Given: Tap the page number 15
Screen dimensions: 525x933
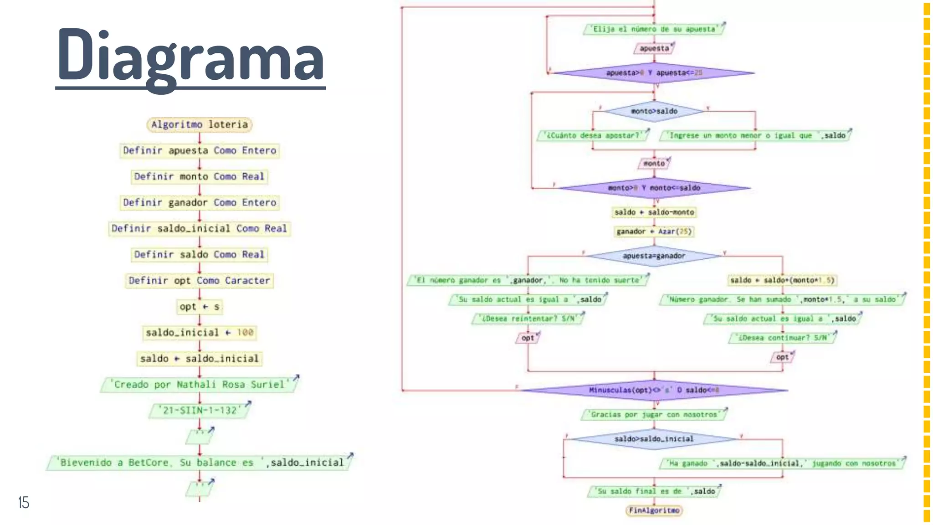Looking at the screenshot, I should (x=24, y=503).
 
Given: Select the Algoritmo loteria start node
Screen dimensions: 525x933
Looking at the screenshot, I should (x=200, y=124).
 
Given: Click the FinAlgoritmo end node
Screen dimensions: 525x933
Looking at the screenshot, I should (x=654, y=510).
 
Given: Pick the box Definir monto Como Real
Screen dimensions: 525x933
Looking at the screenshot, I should (x=199, y=176).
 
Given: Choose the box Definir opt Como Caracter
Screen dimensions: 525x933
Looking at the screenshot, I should (x=199, y=281).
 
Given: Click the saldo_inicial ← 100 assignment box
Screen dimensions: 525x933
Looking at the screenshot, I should (x=199, y=333).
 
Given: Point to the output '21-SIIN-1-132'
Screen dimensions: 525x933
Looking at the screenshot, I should (x=200, y=411).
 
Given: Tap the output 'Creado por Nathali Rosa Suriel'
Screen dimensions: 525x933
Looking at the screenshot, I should (x=199, y=385).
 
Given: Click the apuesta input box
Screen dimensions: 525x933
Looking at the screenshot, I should (x=654, y=48).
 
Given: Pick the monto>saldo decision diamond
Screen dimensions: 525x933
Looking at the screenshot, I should (x=654, y=111).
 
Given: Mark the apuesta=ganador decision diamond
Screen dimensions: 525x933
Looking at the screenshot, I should (x=654, y=256).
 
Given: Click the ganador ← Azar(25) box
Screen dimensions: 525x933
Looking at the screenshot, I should (x=654, y=232).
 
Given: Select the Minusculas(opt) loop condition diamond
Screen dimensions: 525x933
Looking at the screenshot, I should (x=654, y=390).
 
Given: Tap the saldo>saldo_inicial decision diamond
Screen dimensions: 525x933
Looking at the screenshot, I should (x=654, y=439).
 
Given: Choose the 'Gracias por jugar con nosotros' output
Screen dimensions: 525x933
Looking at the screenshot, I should (x=654, y=415).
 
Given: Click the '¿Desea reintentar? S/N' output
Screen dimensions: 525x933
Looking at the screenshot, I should (x=528, y=319).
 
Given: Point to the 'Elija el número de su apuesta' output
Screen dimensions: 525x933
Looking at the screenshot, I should (x=654, y=29).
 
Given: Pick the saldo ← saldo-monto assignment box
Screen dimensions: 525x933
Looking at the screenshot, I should (x=654, y=212).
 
